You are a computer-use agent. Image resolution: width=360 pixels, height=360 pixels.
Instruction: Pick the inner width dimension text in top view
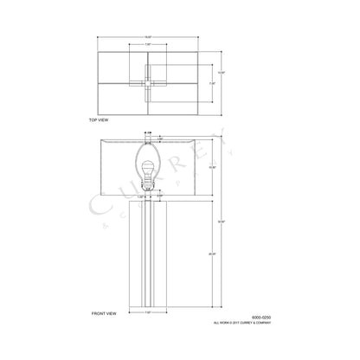[x=148, y=45]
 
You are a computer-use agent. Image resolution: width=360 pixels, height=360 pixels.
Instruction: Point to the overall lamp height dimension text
[x=221, y=222]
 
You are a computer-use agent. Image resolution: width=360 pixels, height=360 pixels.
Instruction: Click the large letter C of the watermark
[x=97, y=204]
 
